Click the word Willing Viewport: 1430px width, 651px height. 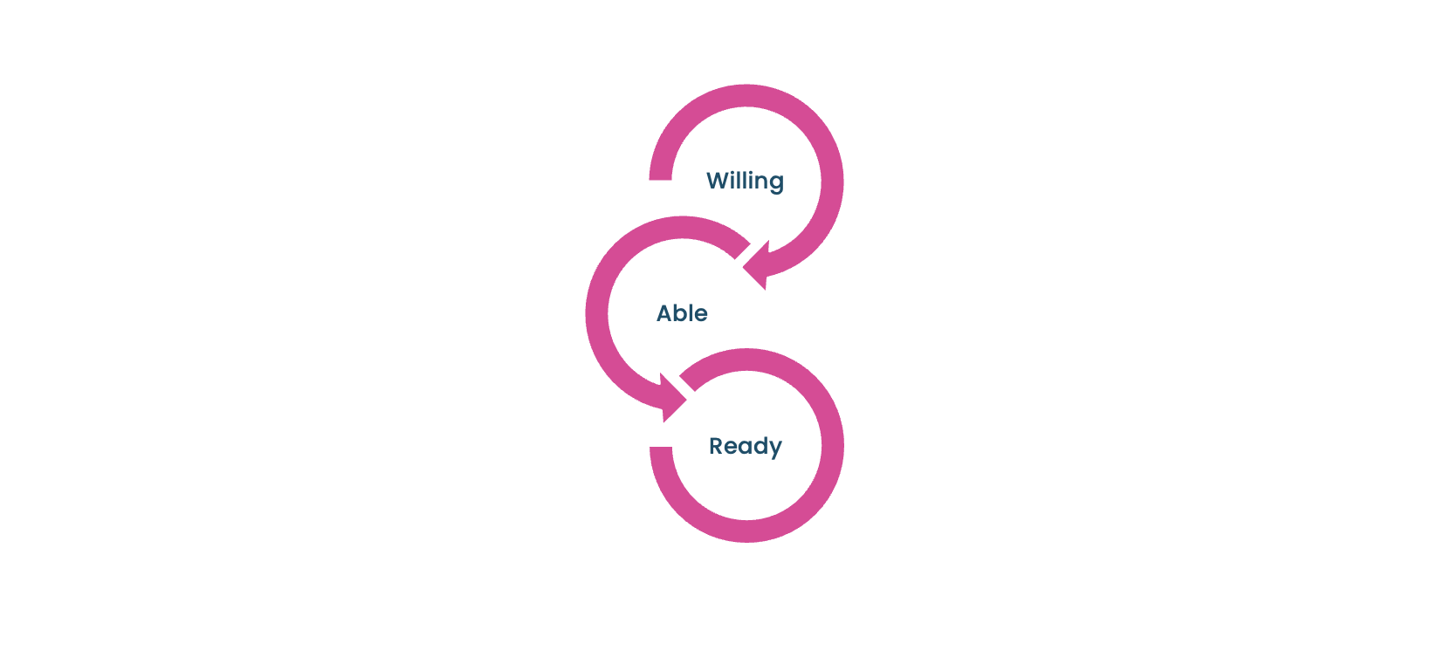point(745,182)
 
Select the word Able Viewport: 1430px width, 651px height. point(682,313)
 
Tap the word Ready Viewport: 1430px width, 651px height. point(745,446)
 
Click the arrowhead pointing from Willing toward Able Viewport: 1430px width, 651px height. point(757,265)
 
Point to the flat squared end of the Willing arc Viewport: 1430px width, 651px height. point(660,180)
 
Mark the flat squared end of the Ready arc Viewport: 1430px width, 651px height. point(661,448)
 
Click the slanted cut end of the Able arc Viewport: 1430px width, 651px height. point(742,250)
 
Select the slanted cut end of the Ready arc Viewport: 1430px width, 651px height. point(688,382)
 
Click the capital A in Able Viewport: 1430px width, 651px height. point(664,313)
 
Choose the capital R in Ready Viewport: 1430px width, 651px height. point(716,445)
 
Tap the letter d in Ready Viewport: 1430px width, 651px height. point(759,445)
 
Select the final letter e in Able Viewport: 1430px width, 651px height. point(701,315)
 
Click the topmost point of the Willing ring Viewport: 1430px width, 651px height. point(746,85)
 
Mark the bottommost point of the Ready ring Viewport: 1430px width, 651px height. point(747,543)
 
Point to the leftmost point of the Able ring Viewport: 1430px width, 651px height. point(586,313)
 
